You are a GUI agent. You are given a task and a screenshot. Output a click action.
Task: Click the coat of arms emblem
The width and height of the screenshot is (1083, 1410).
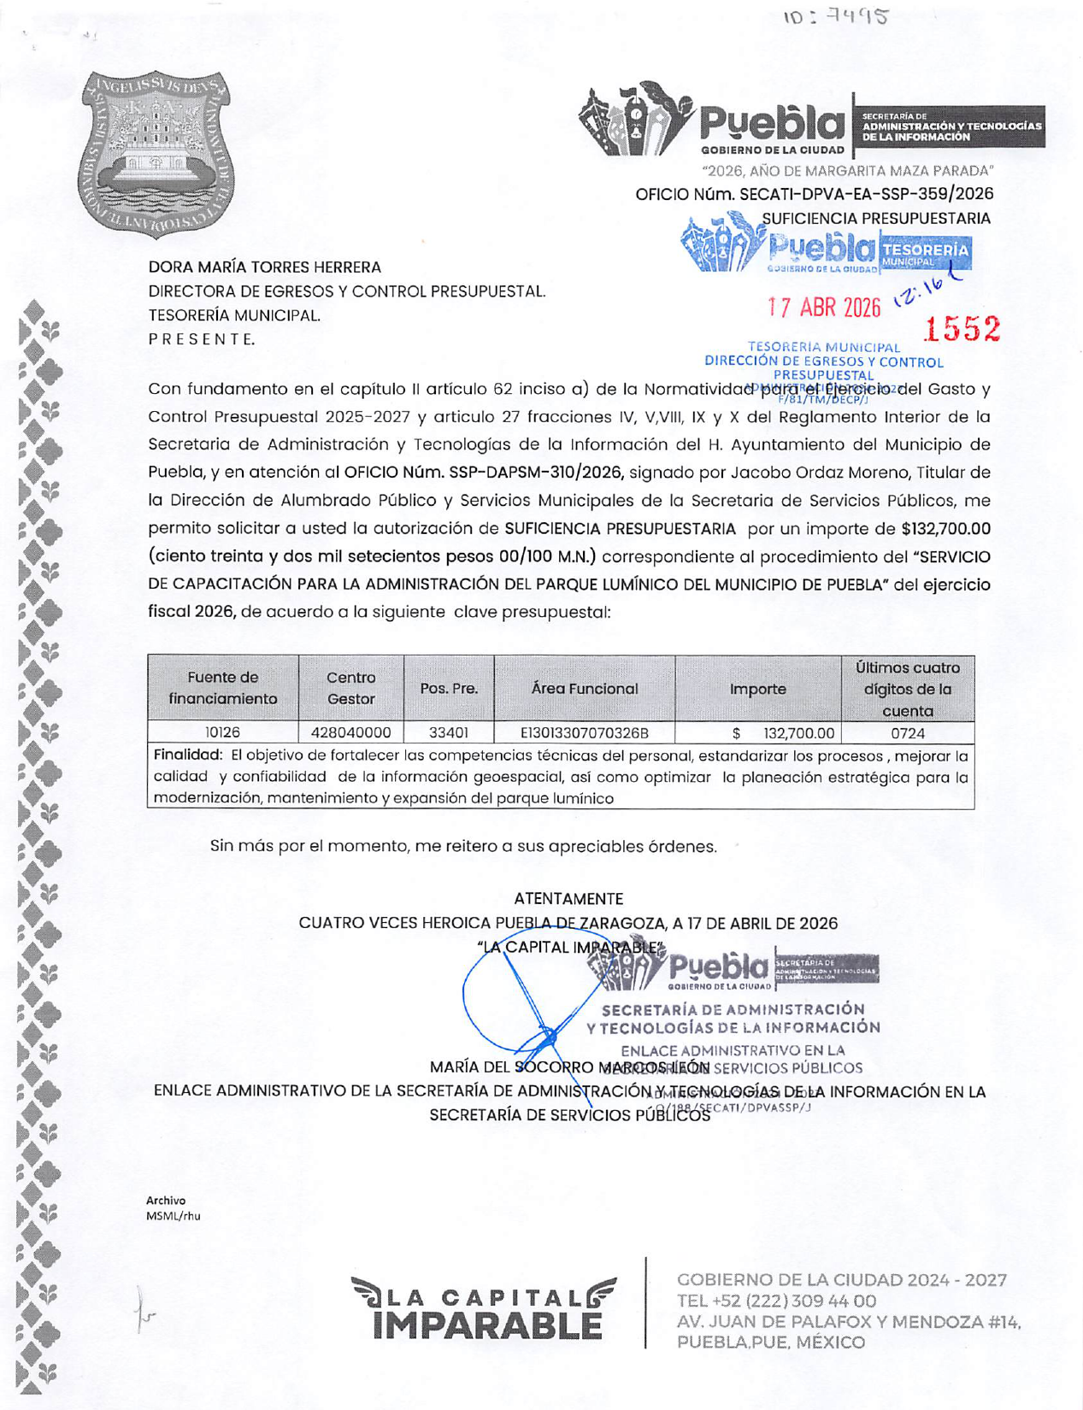156,155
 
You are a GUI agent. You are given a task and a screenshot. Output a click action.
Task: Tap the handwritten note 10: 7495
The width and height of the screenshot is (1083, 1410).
835,17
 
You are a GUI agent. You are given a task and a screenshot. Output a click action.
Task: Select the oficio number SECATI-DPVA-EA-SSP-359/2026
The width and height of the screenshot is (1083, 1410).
865,194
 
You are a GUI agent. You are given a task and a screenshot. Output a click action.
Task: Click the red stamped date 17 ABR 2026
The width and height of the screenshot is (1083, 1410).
823,308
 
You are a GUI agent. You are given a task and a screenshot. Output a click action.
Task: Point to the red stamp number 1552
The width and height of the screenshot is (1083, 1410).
963,329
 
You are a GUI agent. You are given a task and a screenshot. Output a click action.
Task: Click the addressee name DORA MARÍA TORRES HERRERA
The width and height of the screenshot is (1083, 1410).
265,267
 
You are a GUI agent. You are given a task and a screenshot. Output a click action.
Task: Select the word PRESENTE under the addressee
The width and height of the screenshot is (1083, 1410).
202,339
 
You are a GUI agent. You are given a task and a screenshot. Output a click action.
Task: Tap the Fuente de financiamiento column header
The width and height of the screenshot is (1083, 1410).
223,688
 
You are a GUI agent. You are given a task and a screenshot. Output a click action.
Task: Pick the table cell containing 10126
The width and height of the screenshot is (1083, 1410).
222,733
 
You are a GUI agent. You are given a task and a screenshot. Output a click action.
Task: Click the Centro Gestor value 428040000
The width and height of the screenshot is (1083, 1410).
350,733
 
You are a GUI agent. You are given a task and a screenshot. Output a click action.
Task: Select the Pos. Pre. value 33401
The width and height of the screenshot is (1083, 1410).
448,733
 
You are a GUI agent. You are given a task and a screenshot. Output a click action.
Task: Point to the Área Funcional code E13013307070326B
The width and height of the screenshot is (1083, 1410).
585,733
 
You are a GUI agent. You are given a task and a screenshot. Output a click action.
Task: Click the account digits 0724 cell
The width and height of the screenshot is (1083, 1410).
907,733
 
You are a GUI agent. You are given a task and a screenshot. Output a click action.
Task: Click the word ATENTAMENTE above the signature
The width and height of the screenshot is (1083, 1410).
568,899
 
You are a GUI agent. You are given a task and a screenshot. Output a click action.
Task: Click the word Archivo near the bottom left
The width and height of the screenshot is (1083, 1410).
166,1201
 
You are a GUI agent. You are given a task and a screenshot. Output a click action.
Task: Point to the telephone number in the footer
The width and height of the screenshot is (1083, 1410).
776,1301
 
